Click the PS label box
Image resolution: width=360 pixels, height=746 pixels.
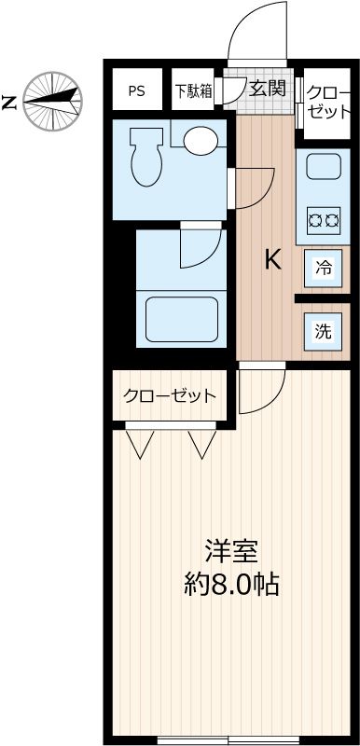pyautogui.click(x=136, y=91)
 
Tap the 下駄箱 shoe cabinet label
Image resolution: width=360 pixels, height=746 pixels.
pyautogui.click(x=193, y=91)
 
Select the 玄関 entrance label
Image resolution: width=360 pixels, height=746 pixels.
pyautogui.click(x=267, y=90)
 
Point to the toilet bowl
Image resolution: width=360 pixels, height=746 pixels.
pyautogui.click(x=146, y=159)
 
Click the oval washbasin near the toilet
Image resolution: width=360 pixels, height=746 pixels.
pyautogui.click(x=200, y=141)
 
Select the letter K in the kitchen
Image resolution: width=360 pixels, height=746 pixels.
pyautogui.click(x=272, y=259)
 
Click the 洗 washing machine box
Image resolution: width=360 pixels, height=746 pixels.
pyautogui.click(x=323, y=330)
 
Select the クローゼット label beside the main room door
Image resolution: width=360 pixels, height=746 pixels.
pyautogui.click(x=170, y=395)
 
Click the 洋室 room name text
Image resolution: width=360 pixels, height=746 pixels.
pyautogui.click(x=231, y=550)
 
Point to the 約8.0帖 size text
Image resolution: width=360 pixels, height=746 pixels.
pyautogui.click(x=231, y=586)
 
